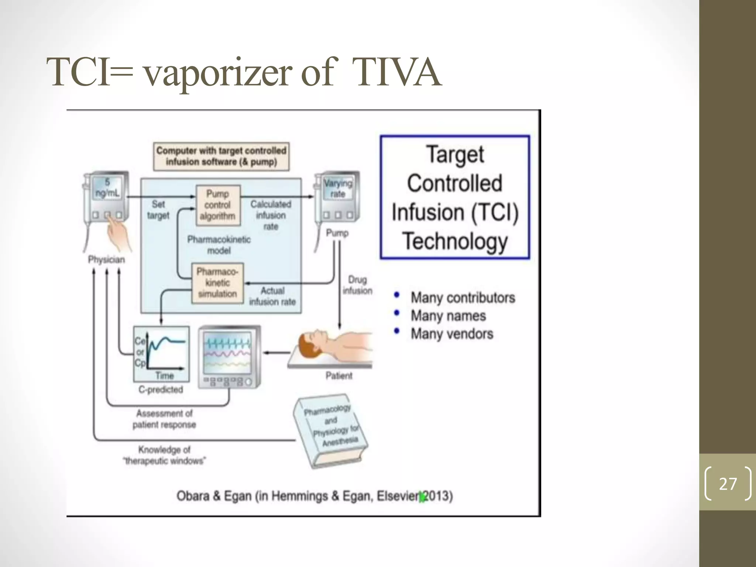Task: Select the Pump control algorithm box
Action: [x=218, y=205]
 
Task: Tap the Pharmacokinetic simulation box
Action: [x=217, y=283]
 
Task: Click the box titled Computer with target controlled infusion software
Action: [x=221, y=156]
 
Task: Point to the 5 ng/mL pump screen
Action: [x=107, y=188]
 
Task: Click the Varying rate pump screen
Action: [x=338, y=188]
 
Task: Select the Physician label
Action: [x=106, y=260]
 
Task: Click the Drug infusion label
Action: [x=357, y=285]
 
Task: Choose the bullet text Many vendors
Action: [x=452, y=334]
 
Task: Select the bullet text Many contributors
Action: [x=463, y=298]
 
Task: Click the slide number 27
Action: [x=728, y=484]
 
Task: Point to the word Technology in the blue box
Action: [x=455, y=241]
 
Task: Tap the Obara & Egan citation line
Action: [x=315, y=496]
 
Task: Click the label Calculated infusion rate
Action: [x=271, y=215]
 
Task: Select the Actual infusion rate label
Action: [x=272, y=296]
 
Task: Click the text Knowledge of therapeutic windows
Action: [x=164, y=455]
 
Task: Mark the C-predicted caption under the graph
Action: [x=161, y=389]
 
